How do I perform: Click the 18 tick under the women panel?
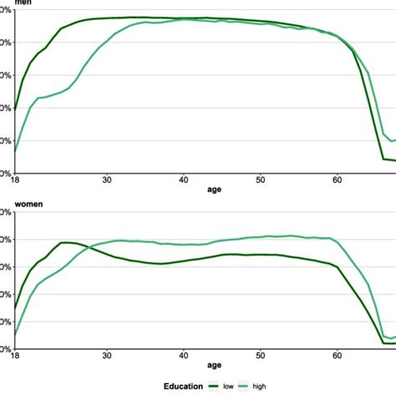pyautogui.click(x=15, y=355)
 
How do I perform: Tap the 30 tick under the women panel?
pyautogui.click(x=107, y=355)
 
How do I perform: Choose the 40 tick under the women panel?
pyautogui.click(x=184, y=355)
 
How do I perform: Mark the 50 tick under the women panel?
pyautogui.click(x=261, y=355)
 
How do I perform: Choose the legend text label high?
pyautogui.click(x=283, y=386)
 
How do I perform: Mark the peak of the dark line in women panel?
pyautogui.click(x=65, y=242)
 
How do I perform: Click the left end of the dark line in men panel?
pyautogui.click(x=15, y=109)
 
